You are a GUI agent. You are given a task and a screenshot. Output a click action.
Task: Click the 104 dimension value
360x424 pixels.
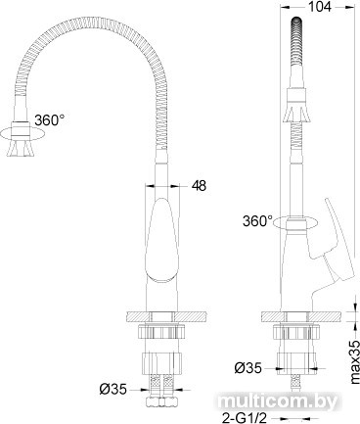pyautogui.click(x=319, y=7)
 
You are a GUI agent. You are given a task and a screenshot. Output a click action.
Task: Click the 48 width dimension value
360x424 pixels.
pyautogui.click(x=199, y=186)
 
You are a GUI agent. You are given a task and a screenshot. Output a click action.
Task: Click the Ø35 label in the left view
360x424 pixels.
pyautogui.click(x=112, y=389)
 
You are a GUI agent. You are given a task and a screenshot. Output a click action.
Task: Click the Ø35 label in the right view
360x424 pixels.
pyautogui.click(x=247, y=368)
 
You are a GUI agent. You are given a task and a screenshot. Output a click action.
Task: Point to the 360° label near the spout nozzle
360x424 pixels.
pyautogui.click(x=49, y=120)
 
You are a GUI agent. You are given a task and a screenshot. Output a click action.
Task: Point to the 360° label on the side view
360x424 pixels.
pyautogui.click(x=257, y=221)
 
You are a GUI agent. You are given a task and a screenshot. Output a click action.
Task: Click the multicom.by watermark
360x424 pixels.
pyautogui.click(x=277, y=402)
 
